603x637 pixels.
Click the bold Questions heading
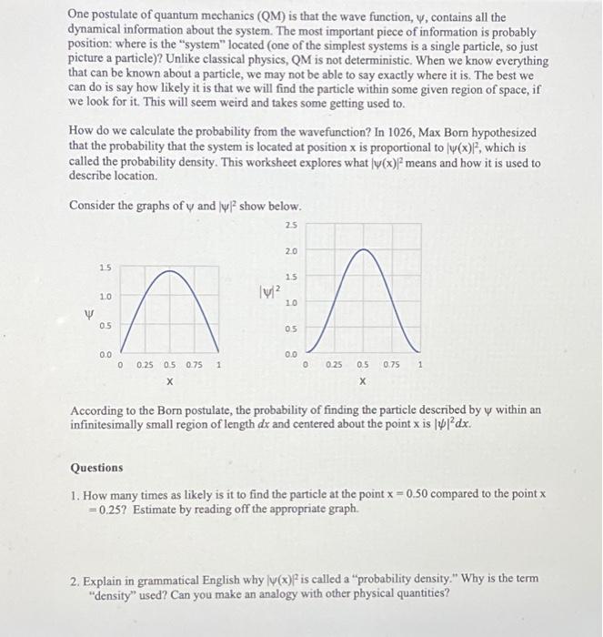(96, 468)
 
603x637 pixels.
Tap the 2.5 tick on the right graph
(290, 224)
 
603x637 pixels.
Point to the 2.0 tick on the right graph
(290, 250)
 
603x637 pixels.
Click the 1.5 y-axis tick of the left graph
(106, 268)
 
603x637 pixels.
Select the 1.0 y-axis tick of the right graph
(290, 302)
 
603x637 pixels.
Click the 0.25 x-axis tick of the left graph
(145, 365)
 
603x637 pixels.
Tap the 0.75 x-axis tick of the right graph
(391, 365)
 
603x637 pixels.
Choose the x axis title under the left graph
(170, 382)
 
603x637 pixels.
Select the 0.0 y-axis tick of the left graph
(106, 353)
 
